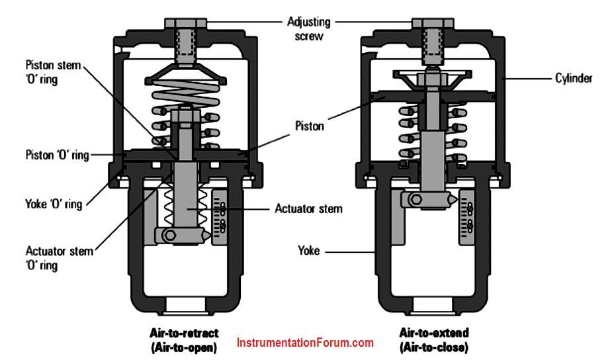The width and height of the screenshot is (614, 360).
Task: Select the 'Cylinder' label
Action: pyautogui.click(x=573, y=78)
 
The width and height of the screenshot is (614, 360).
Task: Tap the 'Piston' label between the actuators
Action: pyautogui.click(x=310, y=126)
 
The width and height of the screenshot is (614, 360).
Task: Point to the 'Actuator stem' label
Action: pyautogui.click(x=309, y=209)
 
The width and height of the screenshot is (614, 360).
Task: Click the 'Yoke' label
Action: pyautogui.click(x=309, y=251)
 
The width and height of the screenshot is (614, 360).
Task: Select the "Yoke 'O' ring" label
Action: pyautogui.click(x=54, y=204)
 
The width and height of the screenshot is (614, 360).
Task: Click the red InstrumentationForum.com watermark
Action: pyautogui.click(x=305, y=343)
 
